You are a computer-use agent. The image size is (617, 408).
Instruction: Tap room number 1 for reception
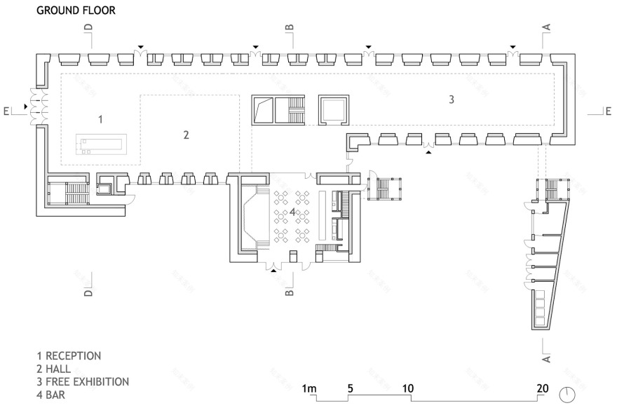coord(100,120)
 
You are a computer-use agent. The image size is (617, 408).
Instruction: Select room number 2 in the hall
coord(186,135)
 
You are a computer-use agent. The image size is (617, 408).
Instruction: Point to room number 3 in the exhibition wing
coord(452,100)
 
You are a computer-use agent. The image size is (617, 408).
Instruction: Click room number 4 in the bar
coord(292,211)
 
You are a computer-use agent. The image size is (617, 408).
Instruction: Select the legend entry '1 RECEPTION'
coord(69,355)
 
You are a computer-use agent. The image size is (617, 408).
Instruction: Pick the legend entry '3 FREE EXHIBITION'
coord(83,382)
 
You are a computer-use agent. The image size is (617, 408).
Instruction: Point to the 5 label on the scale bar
coord(348,388)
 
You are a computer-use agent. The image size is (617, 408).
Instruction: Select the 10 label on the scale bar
coord(408,388)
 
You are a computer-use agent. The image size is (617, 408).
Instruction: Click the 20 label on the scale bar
coord(541,388)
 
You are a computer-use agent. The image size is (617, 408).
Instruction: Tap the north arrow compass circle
coord(568,394)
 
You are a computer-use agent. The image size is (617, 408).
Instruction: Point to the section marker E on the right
coord(608,110)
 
